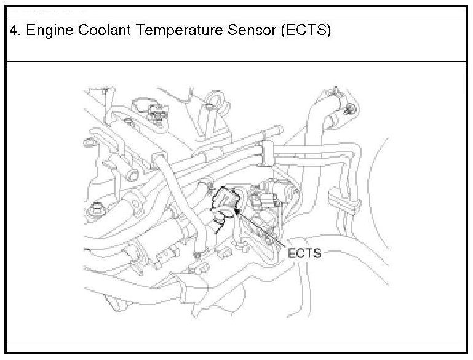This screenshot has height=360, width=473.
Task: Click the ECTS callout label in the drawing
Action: (x=304, y=252)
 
